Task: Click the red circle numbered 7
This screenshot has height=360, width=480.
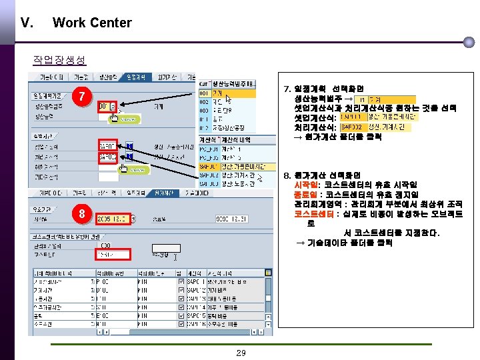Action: pos(81,97)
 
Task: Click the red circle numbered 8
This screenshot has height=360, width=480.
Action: pos(81,214)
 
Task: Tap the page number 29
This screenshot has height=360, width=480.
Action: pos(241,353)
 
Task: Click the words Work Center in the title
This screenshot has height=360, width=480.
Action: pos(92,23)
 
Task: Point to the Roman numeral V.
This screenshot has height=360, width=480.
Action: pos(28,23)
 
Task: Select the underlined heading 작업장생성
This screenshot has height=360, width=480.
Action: pos(59,60)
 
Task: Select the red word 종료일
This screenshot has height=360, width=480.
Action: pos(305,195)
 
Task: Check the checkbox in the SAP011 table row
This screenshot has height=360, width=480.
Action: pos(182,282)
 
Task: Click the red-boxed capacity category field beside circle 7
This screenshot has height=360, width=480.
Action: pos(107,105)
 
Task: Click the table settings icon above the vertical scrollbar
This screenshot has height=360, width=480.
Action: pos(269,273)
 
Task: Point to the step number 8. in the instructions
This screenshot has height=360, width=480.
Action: pos(288,175)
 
